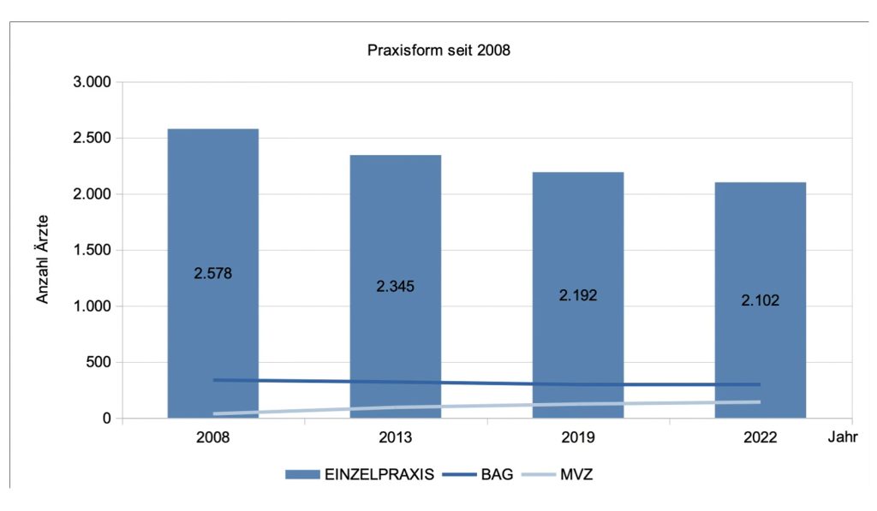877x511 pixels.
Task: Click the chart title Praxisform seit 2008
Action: pos(438,50)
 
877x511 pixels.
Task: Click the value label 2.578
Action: pos(213,274)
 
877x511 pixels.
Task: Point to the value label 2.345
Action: pos(395,286)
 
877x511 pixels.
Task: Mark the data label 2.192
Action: pos(577,294)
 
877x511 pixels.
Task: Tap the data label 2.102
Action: pos(760,300)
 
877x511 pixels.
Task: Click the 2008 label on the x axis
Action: pos(213,437)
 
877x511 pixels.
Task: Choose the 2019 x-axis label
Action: pos(577,437)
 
